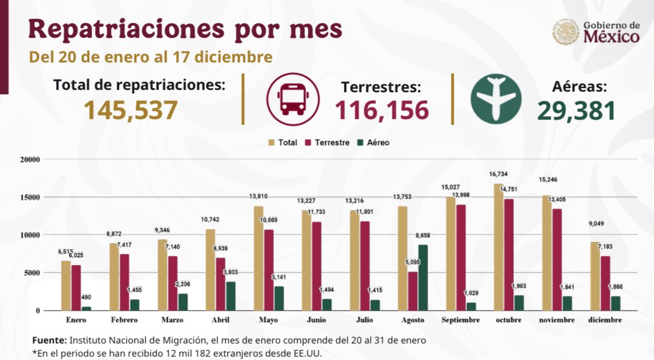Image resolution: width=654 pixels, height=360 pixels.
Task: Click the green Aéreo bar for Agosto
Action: pyautogui.click(x=422, y=278)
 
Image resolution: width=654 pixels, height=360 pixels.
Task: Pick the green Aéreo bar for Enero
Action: pyautogui.click(x=86, y=308)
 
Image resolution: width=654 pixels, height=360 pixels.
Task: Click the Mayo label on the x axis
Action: pyautogui.click(x=268, y=320)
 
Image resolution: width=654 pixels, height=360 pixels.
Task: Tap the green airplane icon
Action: pyautogui.click(x=496, y=98)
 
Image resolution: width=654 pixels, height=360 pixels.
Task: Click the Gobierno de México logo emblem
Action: pyautogui.click(x=565, y=33)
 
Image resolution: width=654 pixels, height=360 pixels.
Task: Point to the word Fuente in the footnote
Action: pyautogui.click(x=49, y=340)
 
